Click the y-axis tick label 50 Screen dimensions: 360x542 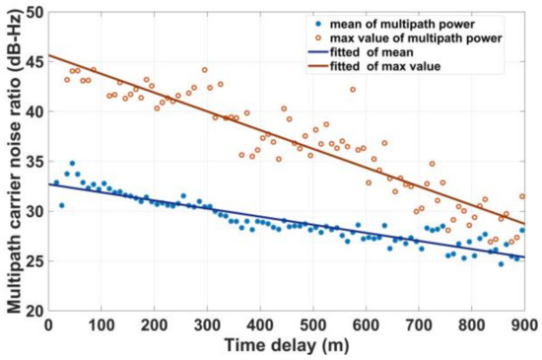(34, 12)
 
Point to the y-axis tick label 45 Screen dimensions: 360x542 (34, 61)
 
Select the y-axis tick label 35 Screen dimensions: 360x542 (34, 161)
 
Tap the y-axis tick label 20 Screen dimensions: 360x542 (34, 310)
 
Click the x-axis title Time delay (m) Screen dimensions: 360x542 (286, 344)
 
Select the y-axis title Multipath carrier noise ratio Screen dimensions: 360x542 (13, 163)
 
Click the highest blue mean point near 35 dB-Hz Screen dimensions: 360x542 (72, 163)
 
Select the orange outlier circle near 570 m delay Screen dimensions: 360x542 (353, 90)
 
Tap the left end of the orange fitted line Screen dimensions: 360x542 (48, 55)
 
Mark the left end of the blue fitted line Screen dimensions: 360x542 (48, 183)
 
